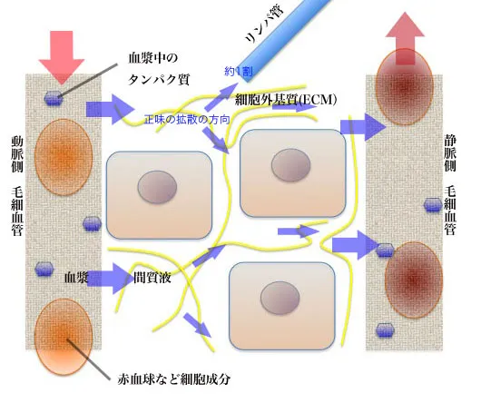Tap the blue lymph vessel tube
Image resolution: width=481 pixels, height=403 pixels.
285,41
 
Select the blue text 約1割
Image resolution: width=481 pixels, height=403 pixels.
239,72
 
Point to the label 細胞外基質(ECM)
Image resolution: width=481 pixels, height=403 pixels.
286,99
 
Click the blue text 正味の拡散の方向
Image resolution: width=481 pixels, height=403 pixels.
187,119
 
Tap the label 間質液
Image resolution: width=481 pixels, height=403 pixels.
152,278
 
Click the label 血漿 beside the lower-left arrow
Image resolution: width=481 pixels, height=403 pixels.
76,277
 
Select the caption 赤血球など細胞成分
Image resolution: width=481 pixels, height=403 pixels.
174,379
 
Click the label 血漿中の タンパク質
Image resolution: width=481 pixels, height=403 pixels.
158,68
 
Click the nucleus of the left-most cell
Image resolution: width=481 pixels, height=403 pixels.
157,187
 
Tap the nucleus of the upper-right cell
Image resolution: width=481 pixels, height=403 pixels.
290,165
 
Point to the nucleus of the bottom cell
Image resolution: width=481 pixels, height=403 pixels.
280,298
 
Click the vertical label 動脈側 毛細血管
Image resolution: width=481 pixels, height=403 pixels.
17,186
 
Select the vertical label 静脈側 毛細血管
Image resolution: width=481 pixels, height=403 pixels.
450,185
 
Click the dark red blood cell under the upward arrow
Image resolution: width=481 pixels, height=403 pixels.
404,86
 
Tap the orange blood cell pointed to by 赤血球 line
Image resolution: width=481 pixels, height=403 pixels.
64,337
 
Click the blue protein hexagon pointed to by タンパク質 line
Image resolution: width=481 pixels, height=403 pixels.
54,98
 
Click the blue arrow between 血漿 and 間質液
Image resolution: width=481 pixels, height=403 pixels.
111,278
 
